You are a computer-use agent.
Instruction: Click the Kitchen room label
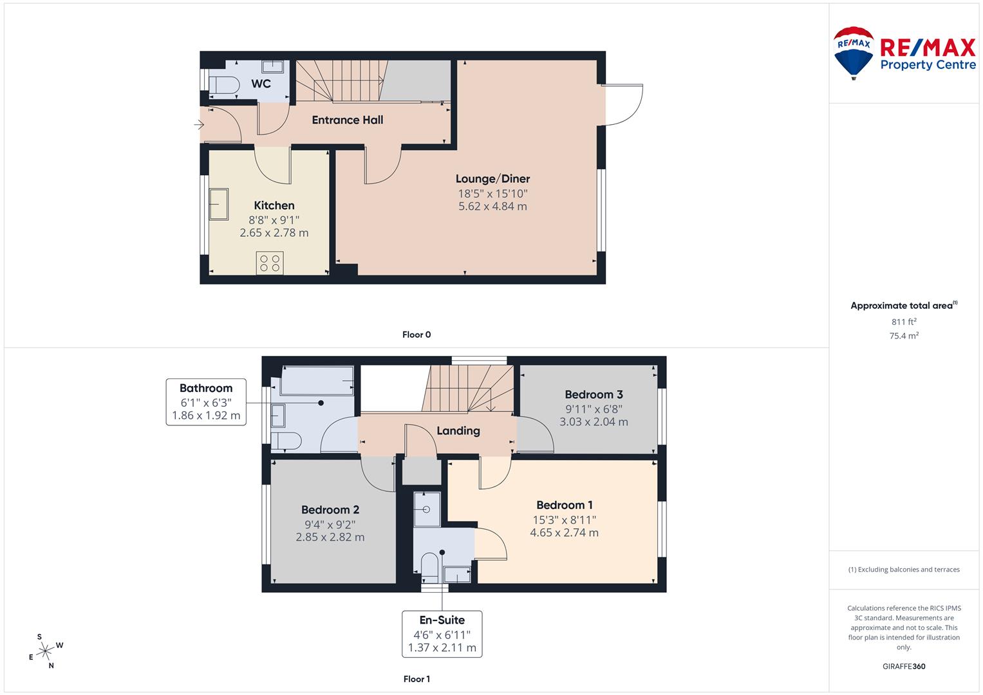point(274,205)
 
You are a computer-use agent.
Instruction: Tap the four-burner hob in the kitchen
point(270,263)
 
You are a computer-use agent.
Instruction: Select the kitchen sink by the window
point(218,205)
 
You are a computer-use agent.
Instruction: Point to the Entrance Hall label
point(347,120)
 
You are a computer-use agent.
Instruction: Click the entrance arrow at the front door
point(199,124)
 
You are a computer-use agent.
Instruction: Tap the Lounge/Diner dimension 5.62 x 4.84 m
point(492,207)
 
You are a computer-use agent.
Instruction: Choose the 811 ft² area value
point(903,322)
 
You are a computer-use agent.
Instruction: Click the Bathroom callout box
point(206,402)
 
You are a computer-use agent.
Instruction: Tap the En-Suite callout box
point(442,634)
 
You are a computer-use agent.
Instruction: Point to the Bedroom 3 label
point(594,394)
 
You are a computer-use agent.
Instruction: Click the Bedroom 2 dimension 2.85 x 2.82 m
point(330,537)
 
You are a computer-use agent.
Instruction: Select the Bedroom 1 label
point(565,505)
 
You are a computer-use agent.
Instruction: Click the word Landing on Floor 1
point(458,431)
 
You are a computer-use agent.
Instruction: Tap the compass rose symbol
point(45,651)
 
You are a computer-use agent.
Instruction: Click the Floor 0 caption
point(417,335)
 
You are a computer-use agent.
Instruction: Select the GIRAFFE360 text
point(903,666)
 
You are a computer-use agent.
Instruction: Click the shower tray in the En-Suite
point(426,510)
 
